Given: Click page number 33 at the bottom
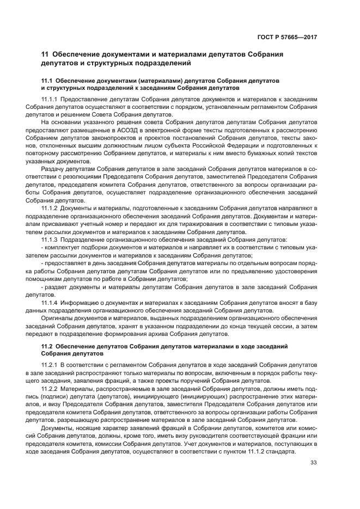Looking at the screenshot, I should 313,463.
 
